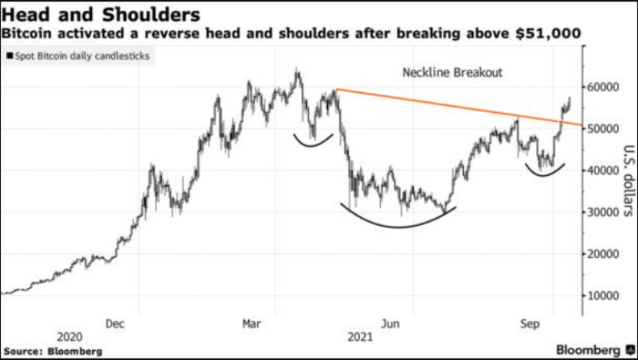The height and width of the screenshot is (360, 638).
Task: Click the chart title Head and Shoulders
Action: pos(101,15)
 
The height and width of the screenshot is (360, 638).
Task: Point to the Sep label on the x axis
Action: pos(528,323)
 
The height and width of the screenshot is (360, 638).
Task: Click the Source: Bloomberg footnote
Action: pos(51,352)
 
